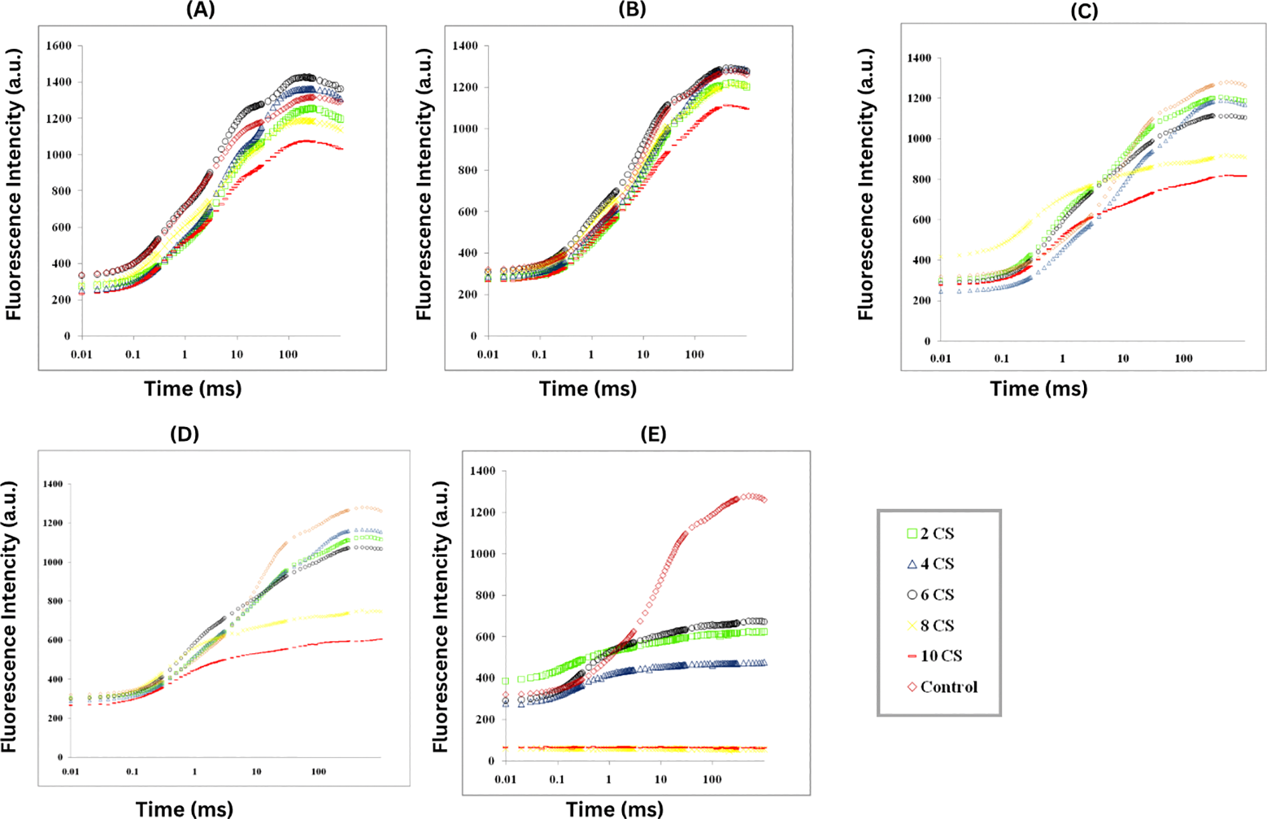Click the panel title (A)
coord(200,10)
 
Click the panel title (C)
coord(1084,11)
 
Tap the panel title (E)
coord(653,434)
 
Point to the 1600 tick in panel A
coord(58,46)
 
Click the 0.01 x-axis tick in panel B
coord(487,354)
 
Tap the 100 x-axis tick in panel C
coord(1183,359)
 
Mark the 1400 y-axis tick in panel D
coord(52,484)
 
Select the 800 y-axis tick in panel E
coord(483,595)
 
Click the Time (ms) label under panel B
coord(588,389)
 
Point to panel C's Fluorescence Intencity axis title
coord(866,184)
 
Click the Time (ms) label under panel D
coord(184,809)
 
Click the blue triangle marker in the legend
coord(912,564)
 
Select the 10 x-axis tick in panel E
coord(660,779)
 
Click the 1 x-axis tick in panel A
coord(184,354)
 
